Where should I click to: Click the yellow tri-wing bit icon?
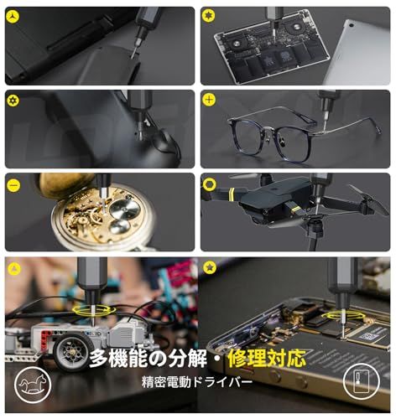13,17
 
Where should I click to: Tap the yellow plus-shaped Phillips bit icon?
209,100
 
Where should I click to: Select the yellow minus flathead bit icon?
13,185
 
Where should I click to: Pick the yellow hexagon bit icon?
209,184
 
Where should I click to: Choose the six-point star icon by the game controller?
13,101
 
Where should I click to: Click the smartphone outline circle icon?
362,381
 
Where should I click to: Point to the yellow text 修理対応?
267,359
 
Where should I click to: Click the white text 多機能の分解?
148,359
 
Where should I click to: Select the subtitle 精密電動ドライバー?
197,382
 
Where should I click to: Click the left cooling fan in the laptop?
237,44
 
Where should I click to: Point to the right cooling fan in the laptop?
296,28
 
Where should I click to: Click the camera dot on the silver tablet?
351,25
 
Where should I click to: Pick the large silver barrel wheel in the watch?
124,209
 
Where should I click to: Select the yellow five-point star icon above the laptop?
209,16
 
